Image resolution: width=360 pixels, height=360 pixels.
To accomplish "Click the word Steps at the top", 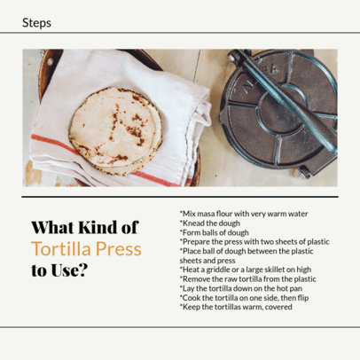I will (x=36, y=23).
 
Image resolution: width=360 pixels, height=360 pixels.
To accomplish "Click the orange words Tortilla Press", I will (x=86, y=249).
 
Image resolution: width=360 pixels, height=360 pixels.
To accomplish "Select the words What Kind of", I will (x=84, y=228).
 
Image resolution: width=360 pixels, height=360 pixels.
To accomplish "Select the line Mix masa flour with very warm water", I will (x=243, y=213).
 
